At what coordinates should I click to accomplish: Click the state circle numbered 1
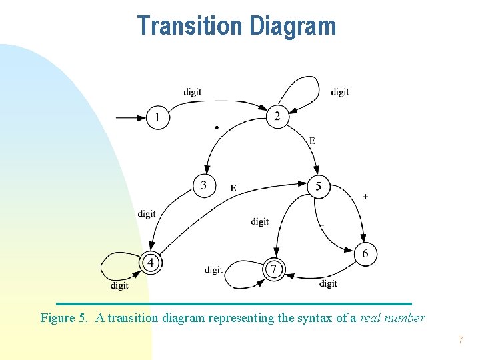click(158, 118)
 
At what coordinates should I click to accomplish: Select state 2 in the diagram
click(277, 117)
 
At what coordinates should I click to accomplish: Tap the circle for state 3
click(204, 185)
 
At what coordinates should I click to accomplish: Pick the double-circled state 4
click(151, 263)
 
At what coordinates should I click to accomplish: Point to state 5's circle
click(318, 187)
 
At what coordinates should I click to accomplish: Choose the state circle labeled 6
click(365, 254)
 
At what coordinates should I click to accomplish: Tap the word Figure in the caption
click(59, 318)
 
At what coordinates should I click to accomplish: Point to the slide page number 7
click(460, 341)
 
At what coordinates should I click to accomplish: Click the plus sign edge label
click(365, 197)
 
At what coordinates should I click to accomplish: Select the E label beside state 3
click(233, 189)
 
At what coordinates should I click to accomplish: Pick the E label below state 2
click(312, 141)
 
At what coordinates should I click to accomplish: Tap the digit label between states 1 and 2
click(193, 92)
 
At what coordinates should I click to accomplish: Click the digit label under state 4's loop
click(119, 286)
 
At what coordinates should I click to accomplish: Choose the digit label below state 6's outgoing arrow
click(328, 283)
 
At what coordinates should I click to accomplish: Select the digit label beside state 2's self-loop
click(340, 92)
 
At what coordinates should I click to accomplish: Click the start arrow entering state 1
click(131, 118)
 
